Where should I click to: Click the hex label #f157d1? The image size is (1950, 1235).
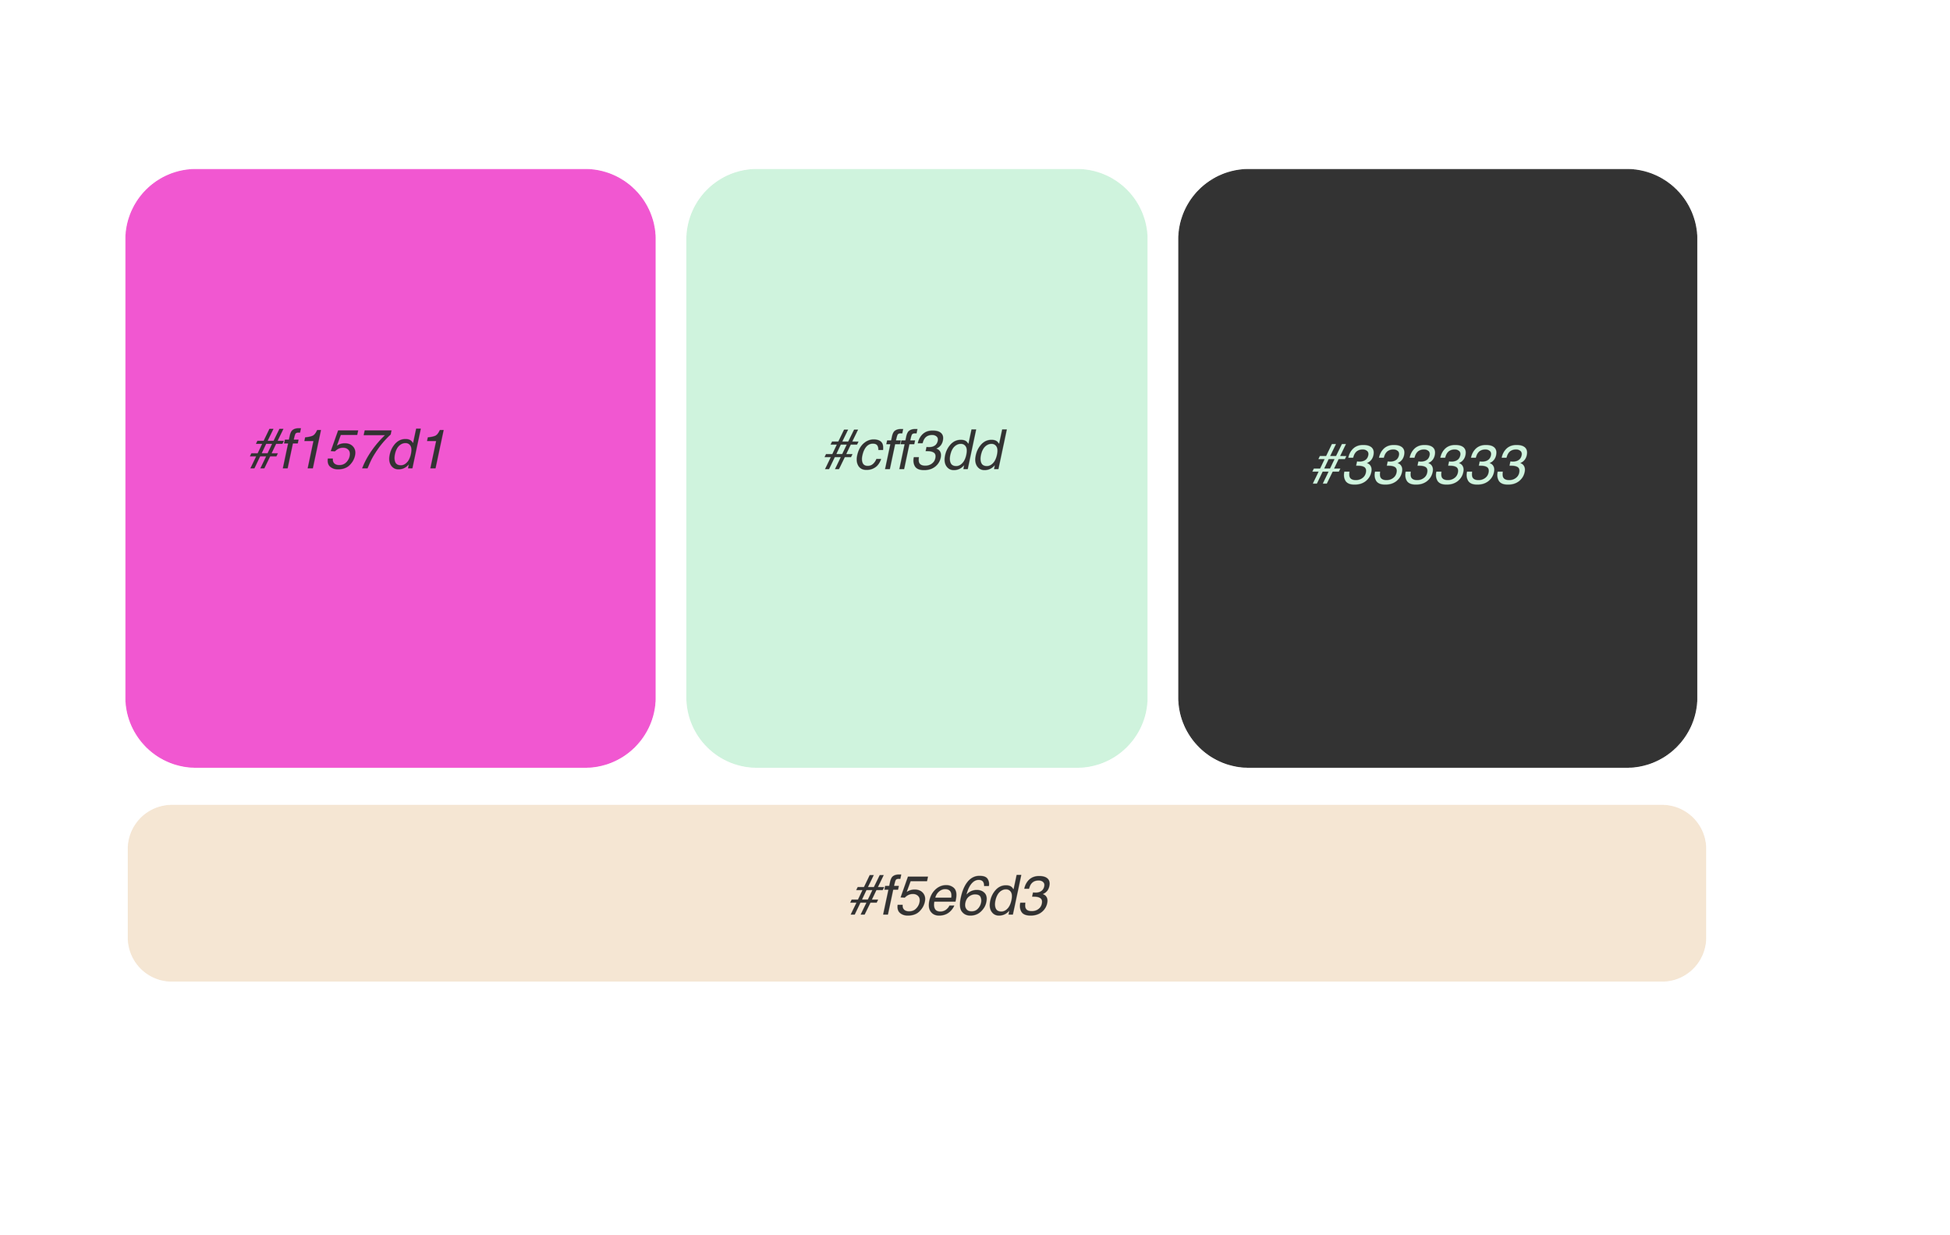click(x=348, y=450)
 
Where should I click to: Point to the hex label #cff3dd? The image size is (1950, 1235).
click(x=915, y=450)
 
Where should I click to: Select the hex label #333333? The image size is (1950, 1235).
click(x=1420, y=466)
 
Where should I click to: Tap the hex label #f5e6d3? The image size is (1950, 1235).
click(x=950, y=896)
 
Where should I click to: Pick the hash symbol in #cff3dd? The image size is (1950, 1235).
click(x=839, y=451)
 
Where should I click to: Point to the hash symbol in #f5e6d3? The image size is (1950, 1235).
click(x=865, y=897)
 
